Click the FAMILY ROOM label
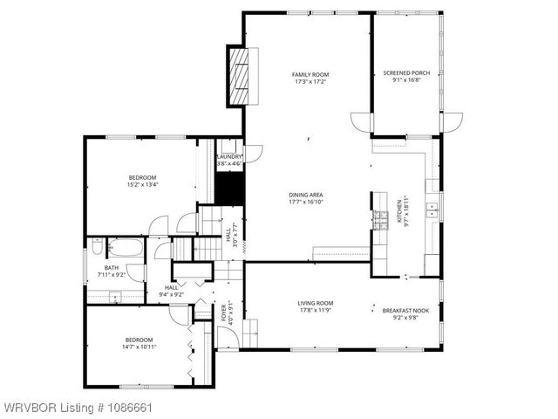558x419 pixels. [x=310, y=75]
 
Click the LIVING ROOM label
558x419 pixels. [x=315, y=303]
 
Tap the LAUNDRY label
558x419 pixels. [x=228, y=156]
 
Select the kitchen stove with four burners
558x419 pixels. [x=379, y=221]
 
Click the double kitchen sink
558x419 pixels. [x=432, y=209]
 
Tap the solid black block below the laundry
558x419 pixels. [x=229, y=186]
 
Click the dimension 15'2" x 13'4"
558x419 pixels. [x=143, y=184]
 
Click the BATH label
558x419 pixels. [x=112, y=268]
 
